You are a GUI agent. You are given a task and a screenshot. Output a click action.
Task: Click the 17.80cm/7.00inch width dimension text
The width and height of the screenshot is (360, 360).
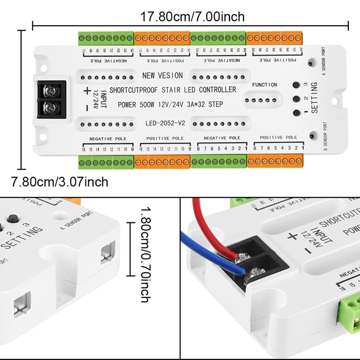193,17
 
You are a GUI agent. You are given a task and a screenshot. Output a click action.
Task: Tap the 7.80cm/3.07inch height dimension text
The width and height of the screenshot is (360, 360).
60,182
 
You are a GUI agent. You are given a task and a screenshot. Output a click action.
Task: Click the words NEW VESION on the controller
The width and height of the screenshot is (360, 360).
162,76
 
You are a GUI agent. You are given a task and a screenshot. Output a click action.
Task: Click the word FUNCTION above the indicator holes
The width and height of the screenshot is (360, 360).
265,85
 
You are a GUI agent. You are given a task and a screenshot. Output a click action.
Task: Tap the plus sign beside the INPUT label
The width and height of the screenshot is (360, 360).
87,91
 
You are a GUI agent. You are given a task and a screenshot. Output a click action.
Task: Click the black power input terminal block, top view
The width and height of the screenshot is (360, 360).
52,99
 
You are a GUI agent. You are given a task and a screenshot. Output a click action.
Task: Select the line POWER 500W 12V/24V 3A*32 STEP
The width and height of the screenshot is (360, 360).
170,105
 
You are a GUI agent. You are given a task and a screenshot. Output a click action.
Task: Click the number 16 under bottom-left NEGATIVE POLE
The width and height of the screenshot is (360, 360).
84,149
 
